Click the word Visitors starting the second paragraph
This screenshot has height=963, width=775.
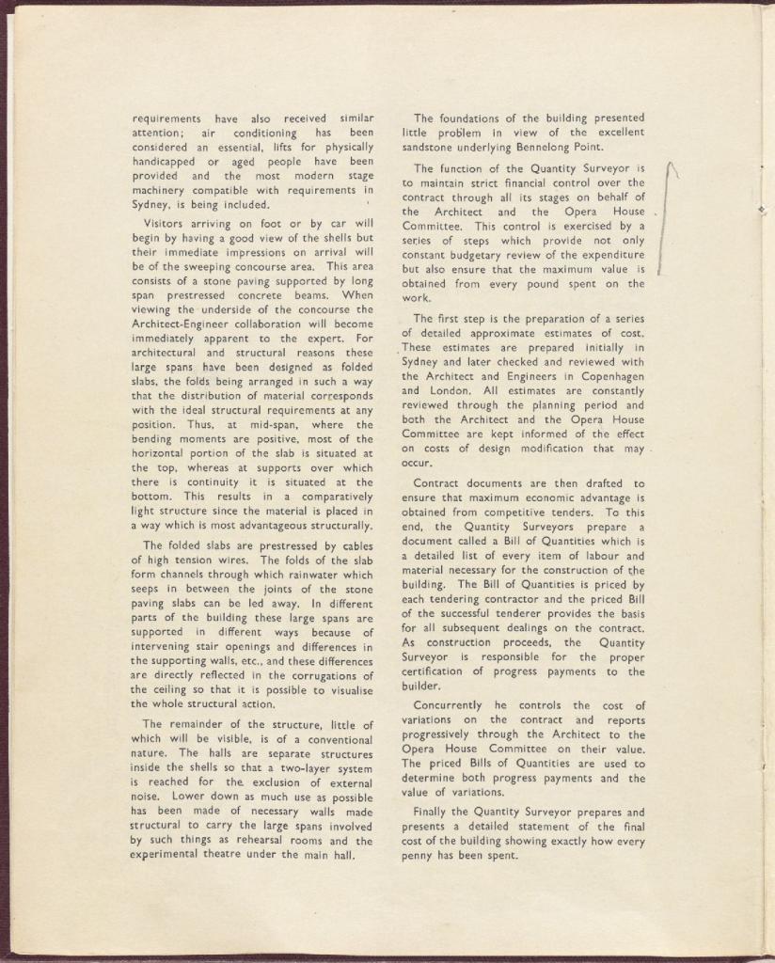166,224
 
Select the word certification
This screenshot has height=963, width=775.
442,672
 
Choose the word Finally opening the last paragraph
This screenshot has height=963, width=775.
433,813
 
